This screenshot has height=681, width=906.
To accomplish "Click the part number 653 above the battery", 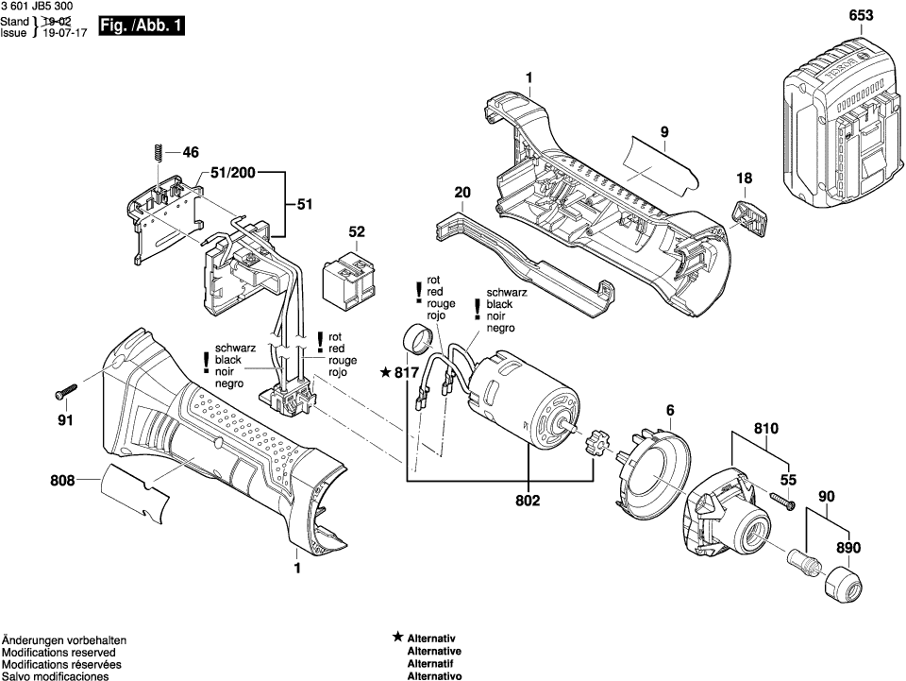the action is tap(861, 16).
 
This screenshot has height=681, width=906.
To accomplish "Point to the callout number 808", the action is tap(62, 481).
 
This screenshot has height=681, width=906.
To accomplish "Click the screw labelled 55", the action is tap(781, 500).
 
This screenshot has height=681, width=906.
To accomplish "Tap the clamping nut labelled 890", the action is tap(843, 584).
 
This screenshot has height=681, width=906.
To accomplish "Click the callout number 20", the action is tap(462, 193).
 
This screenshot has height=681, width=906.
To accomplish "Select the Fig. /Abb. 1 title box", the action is tap(142, 26).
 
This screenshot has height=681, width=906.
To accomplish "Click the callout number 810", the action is tap(766, 429).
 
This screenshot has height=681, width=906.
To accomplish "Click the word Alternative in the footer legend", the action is tap(434, 652).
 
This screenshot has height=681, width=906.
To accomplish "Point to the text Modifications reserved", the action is tap(59, 653).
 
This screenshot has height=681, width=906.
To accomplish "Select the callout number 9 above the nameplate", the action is tap(664, 132).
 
